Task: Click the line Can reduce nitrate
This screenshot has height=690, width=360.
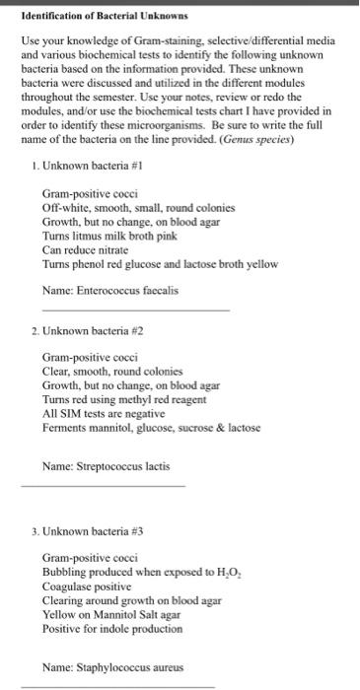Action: (93, 249)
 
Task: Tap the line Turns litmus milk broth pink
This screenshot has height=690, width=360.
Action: (113, 236)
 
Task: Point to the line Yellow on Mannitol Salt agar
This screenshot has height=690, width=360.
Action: (119, 613)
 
